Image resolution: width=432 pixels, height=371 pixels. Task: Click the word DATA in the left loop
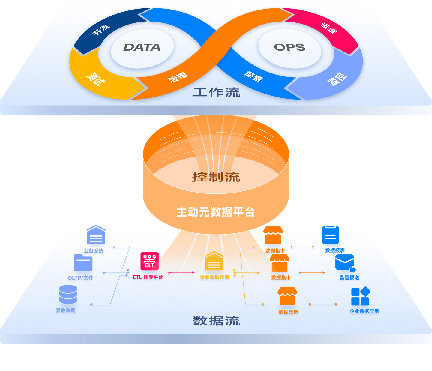click(x=142, y=47)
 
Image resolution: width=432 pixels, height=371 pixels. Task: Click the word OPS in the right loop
click(x=289, y=47)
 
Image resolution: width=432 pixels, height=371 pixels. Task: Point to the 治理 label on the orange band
click(x=178, y=78)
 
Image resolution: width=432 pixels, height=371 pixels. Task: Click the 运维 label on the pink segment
click(x=328, y=28)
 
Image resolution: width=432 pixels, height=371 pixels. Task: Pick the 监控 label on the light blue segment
click(x=337, y=79)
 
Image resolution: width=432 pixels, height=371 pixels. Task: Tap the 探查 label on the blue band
click(x=253, y=77)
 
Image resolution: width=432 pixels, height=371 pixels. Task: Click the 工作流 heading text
click(x=216, y=92)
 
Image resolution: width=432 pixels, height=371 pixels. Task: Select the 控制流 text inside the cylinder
click(x=216, y=177)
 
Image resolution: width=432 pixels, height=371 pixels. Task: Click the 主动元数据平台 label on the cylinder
click(x=215, y=212)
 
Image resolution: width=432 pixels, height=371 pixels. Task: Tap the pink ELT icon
click(x=149, y=261)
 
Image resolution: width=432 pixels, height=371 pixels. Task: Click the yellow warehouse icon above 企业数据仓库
click(x=214, y=261)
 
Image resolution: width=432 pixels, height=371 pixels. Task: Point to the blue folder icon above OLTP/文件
click(x=83, y=263)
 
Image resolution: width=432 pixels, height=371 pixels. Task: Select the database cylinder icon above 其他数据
click(x=68, y=294)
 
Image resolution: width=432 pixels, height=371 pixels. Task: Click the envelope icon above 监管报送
click(x=345, y=263)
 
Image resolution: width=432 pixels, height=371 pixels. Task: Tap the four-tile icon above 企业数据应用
click(x=360, y=296)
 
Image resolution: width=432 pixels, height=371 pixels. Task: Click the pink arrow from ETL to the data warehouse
click(x=181, y=272)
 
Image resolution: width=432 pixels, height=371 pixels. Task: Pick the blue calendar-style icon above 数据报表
click(x=330, y=235)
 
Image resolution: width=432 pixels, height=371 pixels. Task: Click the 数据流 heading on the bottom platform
click(x=216, y=321)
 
